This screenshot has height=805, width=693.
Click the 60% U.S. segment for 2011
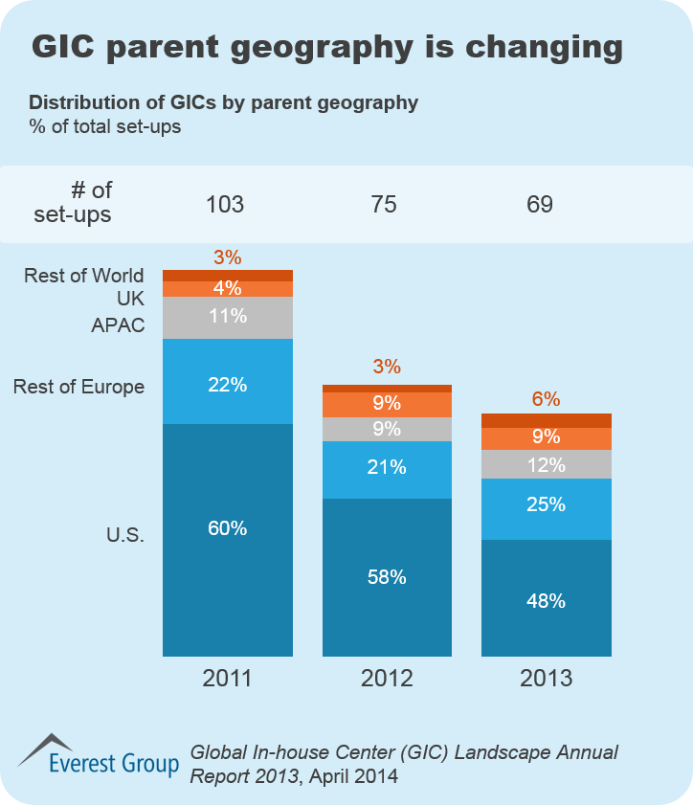point(227,539)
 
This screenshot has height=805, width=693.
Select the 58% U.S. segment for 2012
point(387,577)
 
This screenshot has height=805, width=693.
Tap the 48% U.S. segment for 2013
point(546,599)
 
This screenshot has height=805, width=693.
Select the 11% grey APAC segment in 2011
point(227,318)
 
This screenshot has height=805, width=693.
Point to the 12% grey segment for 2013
point(546,464)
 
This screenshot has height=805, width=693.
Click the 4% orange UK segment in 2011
point(227,289)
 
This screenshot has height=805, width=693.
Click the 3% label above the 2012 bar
point(387,367)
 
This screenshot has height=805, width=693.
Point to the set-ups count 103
point(226,204)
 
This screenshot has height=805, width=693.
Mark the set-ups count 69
point(540,204)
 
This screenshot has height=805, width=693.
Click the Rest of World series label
point(84,277)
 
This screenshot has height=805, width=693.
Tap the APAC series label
point(118,325)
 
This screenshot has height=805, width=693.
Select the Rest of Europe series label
point(79,387)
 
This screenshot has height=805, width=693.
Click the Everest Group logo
point(100,756)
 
